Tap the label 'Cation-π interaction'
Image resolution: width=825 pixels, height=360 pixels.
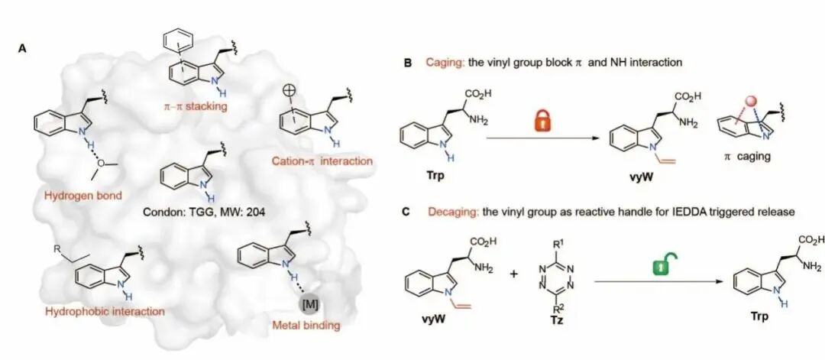pos(322,161)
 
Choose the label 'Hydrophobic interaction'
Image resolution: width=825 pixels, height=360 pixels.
pos(105,311)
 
